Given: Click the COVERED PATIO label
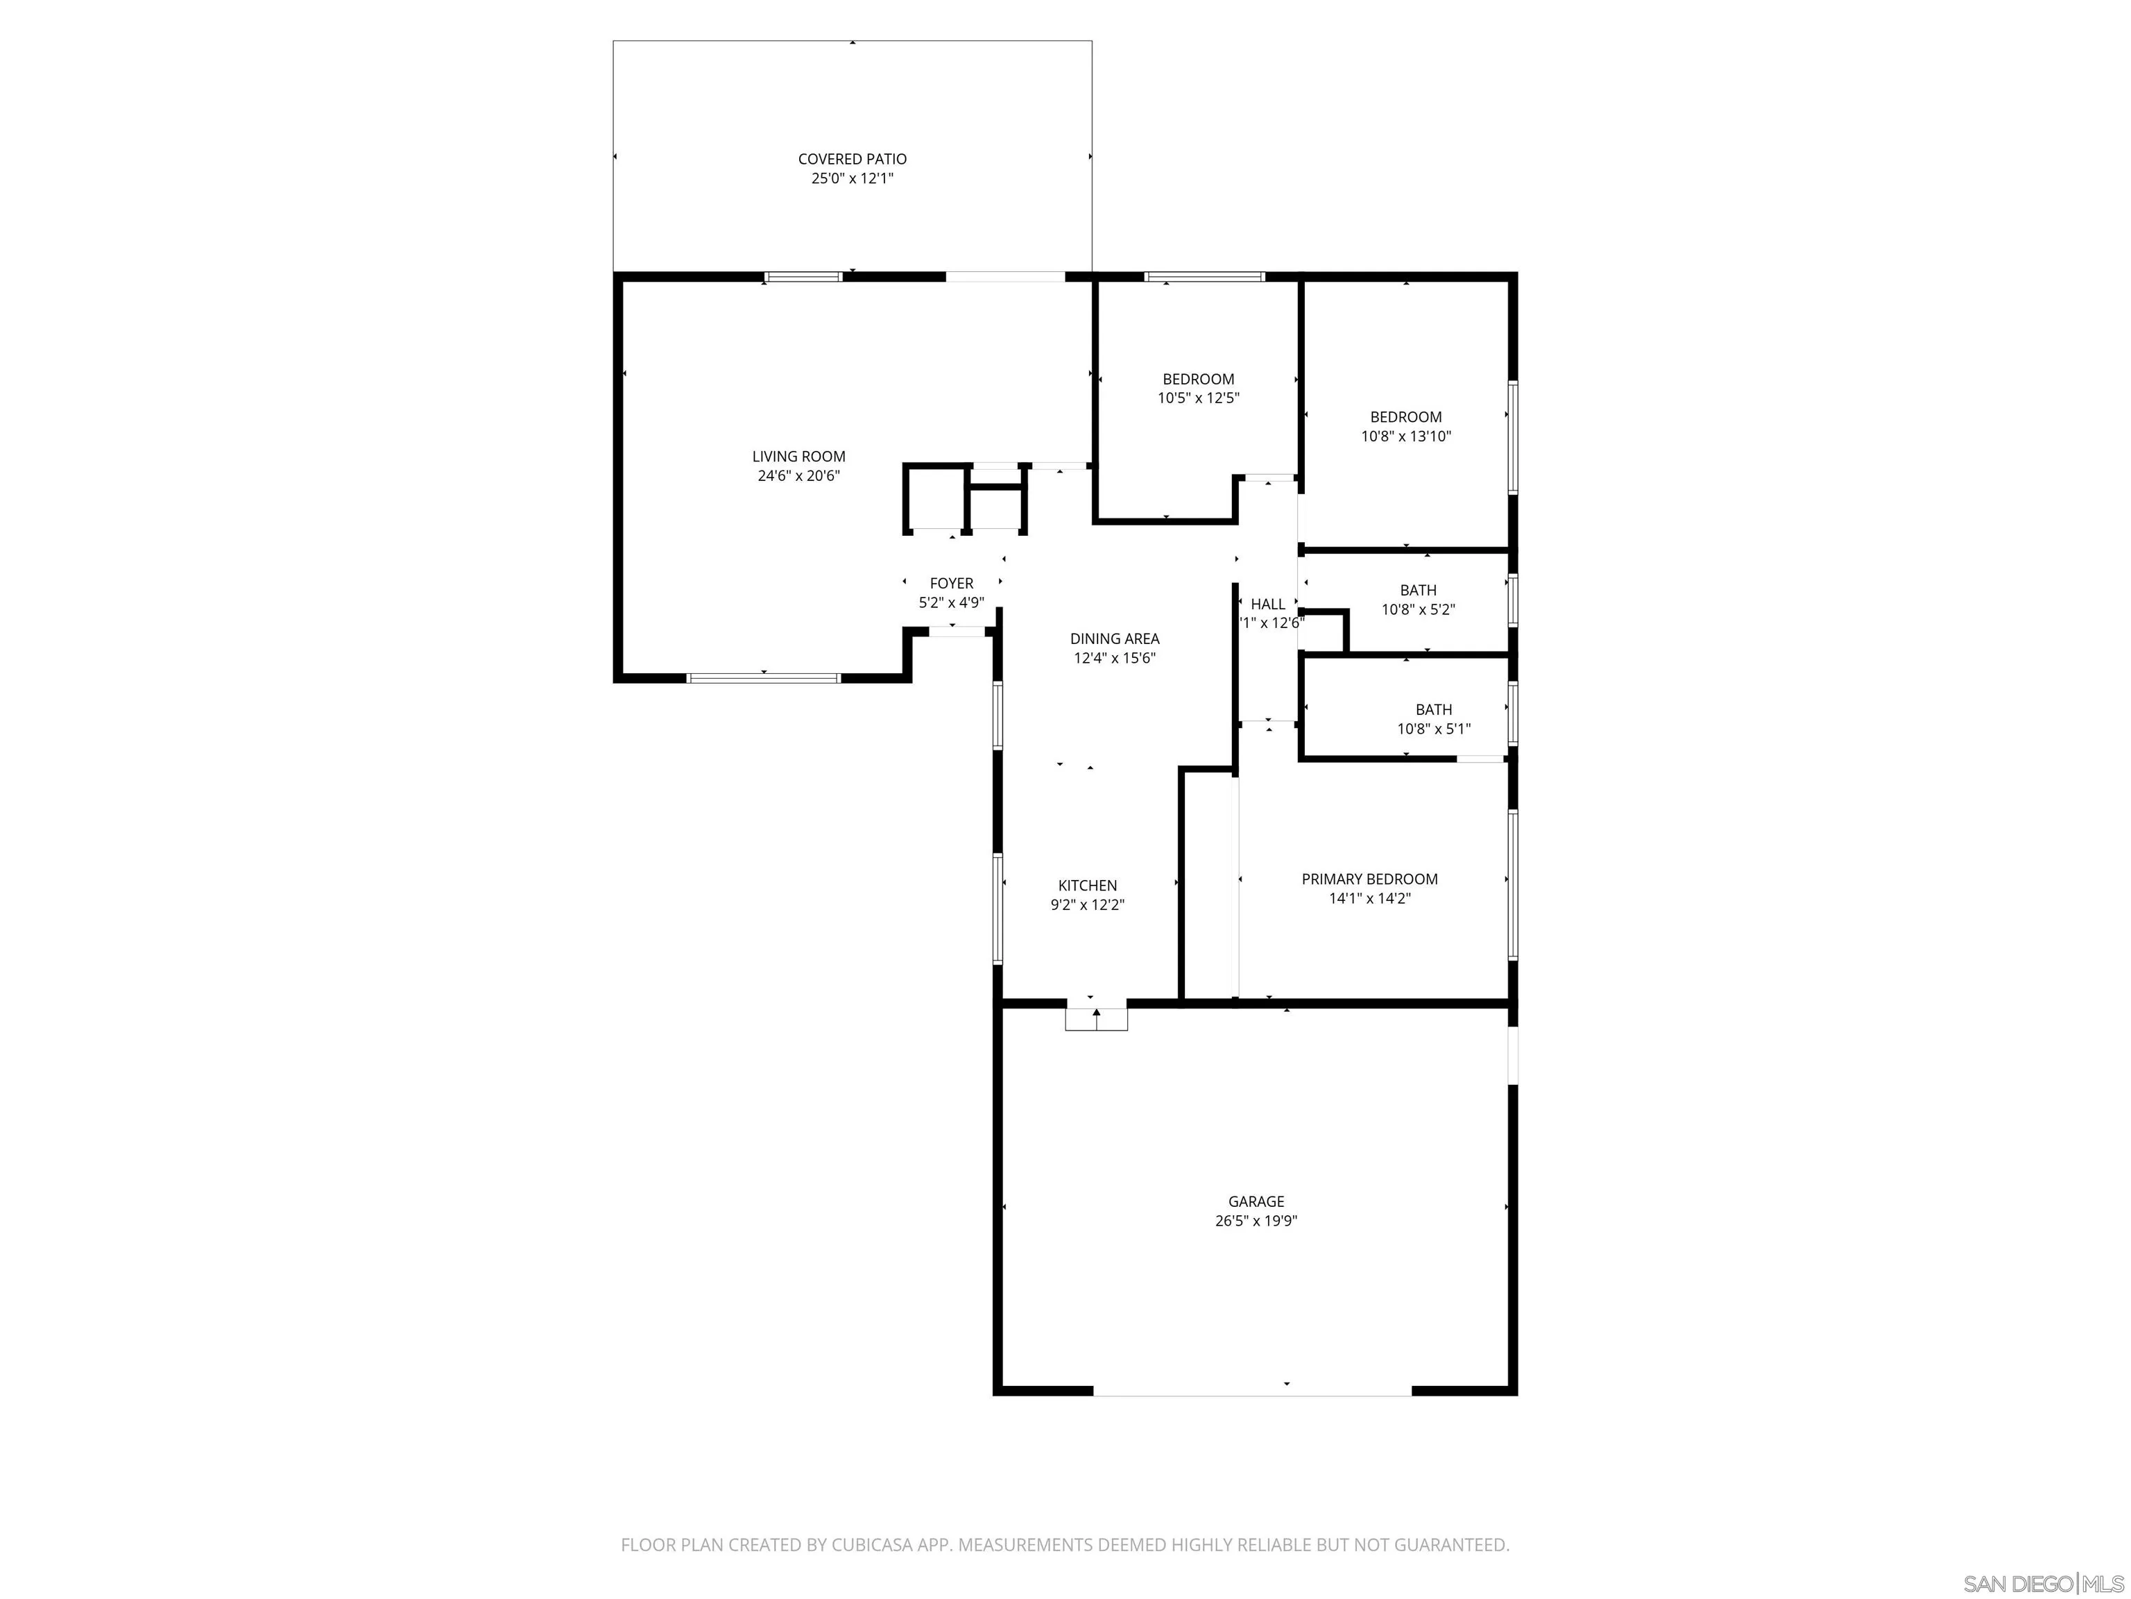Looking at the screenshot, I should [x=852, y=159].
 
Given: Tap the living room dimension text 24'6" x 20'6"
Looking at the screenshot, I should [x=798, y=475].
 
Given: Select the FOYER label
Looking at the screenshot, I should [x=951, y=583].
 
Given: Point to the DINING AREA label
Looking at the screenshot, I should [x=1115, y=638].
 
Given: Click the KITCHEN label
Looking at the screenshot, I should [x=1088, y=885].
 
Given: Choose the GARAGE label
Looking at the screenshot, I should [x=1256, y=1201].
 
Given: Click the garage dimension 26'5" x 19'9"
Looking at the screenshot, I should [x=1256, y=1220].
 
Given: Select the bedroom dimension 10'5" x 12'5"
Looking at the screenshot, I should [x=1197, y=397].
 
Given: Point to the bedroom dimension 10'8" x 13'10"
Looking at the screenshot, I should [x=1405, y=436].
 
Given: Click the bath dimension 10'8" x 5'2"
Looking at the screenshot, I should [x=1418, y=609].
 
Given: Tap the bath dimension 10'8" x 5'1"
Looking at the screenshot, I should [x=1434, y=729].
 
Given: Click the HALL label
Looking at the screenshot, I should [x=1268, y=604].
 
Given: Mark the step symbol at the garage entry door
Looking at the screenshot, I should [x=1096, y=1019].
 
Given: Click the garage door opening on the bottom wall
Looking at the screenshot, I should [x=1251, y=1391].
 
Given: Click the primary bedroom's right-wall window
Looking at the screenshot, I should [x=1512, y=884].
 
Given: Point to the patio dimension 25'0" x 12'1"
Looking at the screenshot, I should [x=852, y=178].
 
